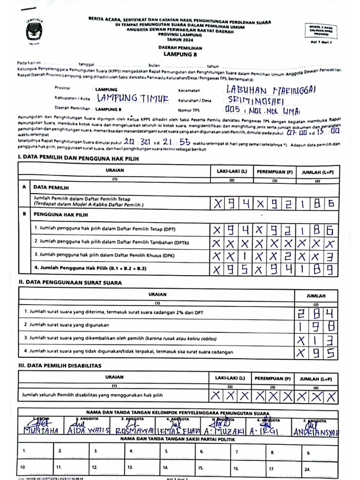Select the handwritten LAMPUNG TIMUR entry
tap(132, 98)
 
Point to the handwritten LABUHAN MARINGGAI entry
tap(266, 90)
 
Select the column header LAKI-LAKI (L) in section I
tap(231, 171)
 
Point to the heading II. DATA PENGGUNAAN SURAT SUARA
tap(70, 283)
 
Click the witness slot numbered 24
tap(307, 468)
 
